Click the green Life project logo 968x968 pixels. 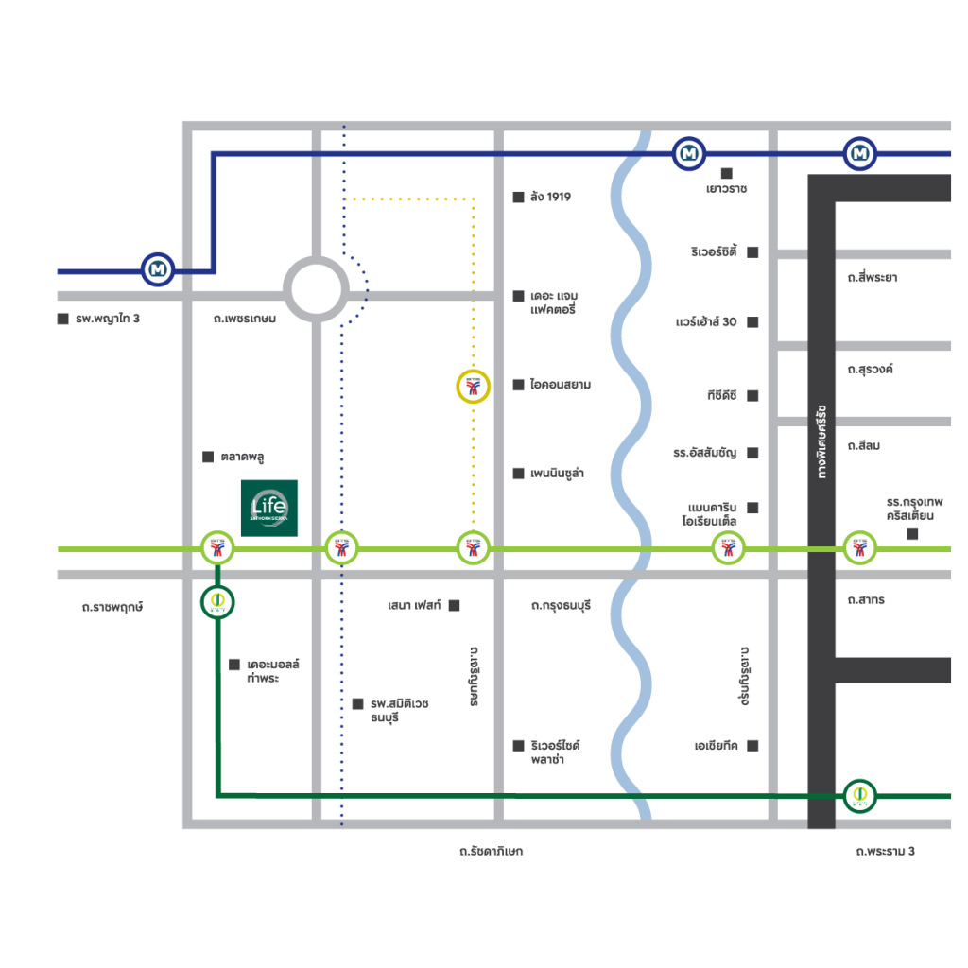[269, 508]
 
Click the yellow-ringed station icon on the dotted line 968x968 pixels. [472, 386]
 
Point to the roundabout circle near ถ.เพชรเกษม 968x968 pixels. [317, 289]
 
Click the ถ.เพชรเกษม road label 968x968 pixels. [245, 319]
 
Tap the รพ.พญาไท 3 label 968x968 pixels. [108, 319]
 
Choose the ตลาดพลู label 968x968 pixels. [242, 457]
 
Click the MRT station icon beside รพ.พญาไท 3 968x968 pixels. [158, 270]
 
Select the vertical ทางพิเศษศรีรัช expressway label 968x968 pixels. [821, 442]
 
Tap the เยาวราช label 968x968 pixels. [726, 188]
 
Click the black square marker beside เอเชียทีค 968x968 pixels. [752, 746]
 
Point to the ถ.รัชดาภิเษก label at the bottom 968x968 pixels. [491, 852]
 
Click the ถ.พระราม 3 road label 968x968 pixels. [885, 852]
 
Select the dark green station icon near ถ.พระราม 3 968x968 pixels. [859, 796]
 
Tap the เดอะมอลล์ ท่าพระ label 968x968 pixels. [273, 672]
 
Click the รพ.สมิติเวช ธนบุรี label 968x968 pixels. [400, 711]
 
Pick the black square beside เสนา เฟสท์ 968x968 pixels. [454, 605]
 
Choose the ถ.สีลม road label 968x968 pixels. [864, 445]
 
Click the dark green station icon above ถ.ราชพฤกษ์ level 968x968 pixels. [217, 602]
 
